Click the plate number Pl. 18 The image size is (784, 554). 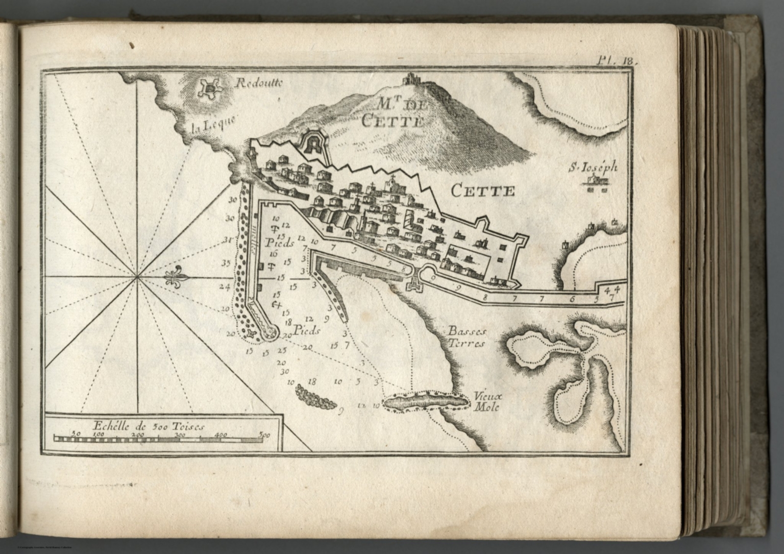[617, 59]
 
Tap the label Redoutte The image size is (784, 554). [258, 85]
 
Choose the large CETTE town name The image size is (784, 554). [482, 191]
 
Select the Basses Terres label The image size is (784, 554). [467, 337]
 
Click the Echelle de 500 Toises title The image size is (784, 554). [148, 425]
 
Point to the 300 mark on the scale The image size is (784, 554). [180, 435]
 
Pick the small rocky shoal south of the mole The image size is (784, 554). [315, 397]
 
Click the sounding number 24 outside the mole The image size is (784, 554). [225, 286]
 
